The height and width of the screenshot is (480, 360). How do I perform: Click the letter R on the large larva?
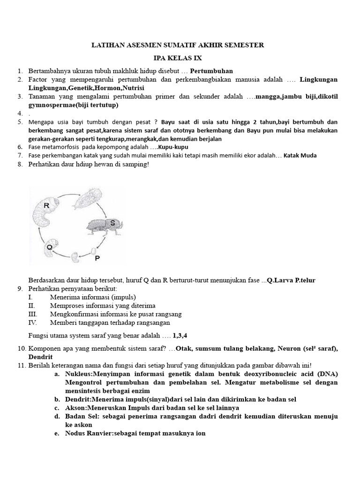(46, 205)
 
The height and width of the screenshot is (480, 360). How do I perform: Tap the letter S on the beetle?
(112, 223)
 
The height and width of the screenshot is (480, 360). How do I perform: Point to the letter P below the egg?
(97, 258)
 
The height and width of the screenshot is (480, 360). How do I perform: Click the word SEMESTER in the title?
(243, 45)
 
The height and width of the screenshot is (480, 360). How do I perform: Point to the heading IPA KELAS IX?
(177, 58)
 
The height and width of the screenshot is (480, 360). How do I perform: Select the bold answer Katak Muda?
(300, 156)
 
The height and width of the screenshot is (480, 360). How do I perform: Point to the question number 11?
(22, 365)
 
